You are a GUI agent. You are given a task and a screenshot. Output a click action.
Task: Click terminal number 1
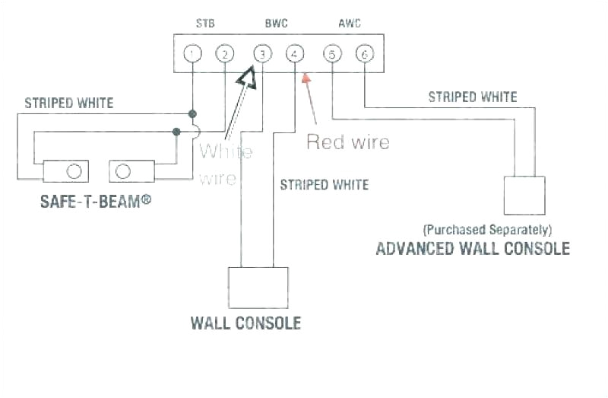click(194, 54)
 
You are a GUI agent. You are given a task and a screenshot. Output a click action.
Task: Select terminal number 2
click(224, 54)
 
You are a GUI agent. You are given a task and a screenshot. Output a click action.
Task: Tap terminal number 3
click(262, 54)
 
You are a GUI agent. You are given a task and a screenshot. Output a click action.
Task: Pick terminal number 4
click(294, 54)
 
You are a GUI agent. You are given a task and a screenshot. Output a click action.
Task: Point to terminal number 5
click(332, 54)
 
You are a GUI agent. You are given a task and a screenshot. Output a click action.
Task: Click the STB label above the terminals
click(205, 24)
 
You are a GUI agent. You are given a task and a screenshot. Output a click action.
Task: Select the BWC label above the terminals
click(276, 24)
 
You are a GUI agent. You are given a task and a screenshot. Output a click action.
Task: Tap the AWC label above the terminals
click(349, 24)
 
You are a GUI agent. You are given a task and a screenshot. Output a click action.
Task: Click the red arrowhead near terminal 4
click(306, 76)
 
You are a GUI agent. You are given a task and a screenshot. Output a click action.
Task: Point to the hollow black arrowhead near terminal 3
click(247, 77)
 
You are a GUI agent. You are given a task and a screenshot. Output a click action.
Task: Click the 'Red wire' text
click(347, 142)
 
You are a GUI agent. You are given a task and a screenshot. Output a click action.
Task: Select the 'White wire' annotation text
click(225, 164)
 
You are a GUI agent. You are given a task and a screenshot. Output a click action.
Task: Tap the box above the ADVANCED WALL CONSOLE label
click(524, 195)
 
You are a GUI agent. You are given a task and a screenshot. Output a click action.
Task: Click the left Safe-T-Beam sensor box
click(65, 171)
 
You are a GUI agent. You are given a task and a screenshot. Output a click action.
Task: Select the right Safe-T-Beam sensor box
click(132, 171)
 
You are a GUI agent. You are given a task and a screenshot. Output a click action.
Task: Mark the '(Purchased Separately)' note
click(487, 229)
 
